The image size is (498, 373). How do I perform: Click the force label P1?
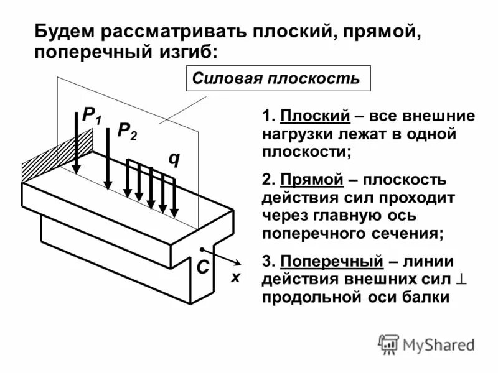pos(92,115)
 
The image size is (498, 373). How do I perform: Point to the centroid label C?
pos(202,268)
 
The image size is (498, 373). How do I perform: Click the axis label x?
pos(235,278)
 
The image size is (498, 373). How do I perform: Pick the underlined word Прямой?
pos(312,180)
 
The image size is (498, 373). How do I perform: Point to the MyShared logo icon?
pos(388,344)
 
